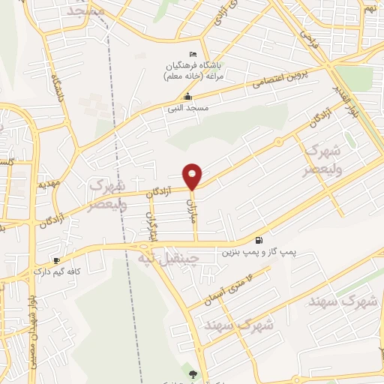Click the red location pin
tap(193, 175)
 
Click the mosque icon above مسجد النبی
tap(187, 97)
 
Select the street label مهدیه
tap(48, 183)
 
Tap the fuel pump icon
tap(259, 240)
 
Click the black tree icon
tap(195, 373)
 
